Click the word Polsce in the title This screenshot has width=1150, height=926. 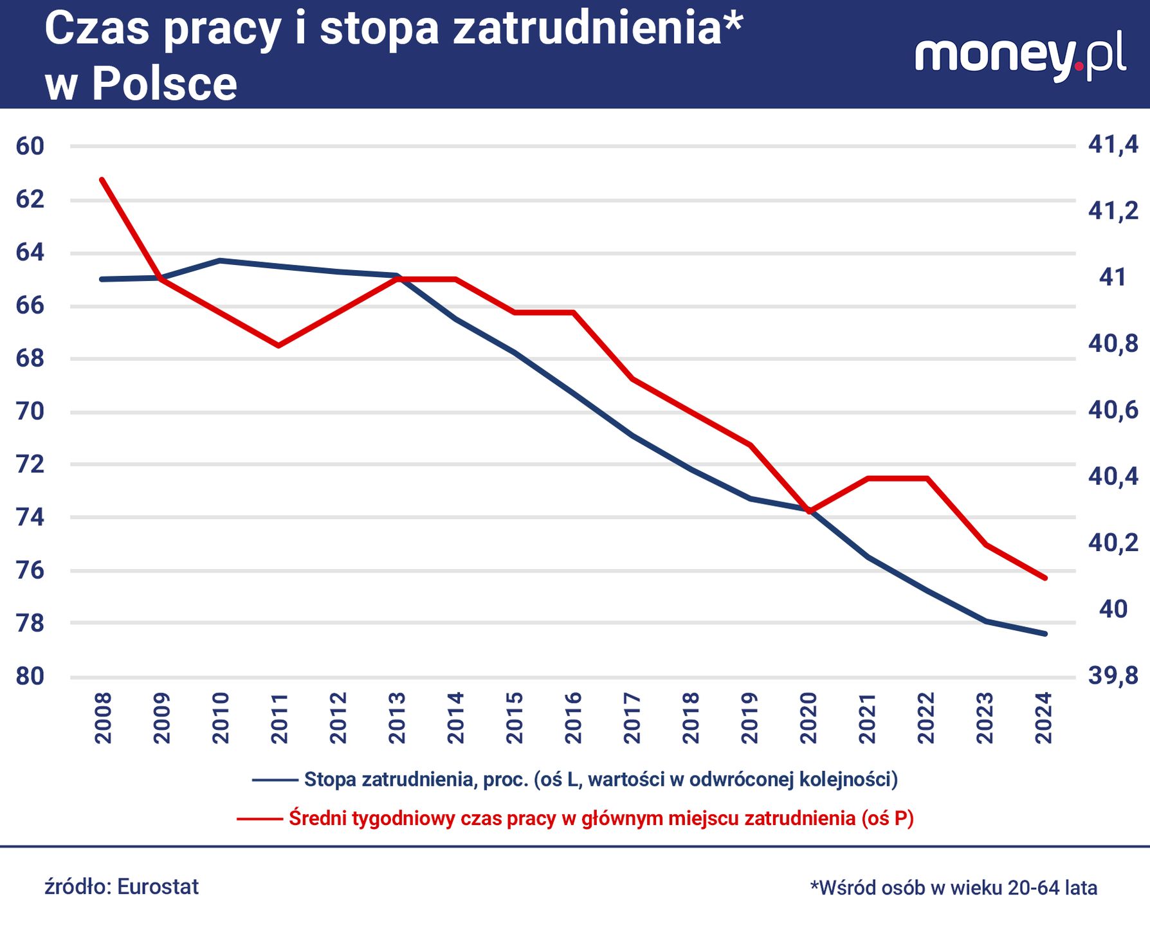165,84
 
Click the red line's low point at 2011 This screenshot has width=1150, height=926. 278,346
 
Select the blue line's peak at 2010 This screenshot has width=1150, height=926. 219,260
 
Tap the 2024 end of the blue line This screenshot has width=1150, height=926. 1045,634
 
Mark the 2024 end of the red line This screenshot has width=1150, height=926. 1045,578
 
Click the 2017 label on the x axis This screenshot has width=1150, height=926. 632,718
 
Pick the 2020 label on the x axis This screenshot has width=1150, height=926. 808,718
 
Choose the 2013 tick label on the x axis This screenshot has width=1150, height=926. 397,718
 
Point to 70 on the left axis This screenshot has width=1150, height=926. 30,411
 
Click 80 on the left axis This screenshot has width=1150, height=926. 30,676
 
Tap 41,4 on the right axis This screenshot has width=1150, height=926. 1113,145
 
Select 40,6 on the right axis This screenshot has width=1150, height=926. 1113,410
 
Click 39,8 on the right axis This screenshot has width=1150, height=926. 1113,676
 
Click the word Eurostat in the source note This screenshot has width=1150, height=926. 158,887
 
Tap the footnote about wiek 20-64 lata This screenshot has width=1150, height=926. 953,888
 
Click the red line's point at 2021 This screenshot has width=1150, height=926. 868,478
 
